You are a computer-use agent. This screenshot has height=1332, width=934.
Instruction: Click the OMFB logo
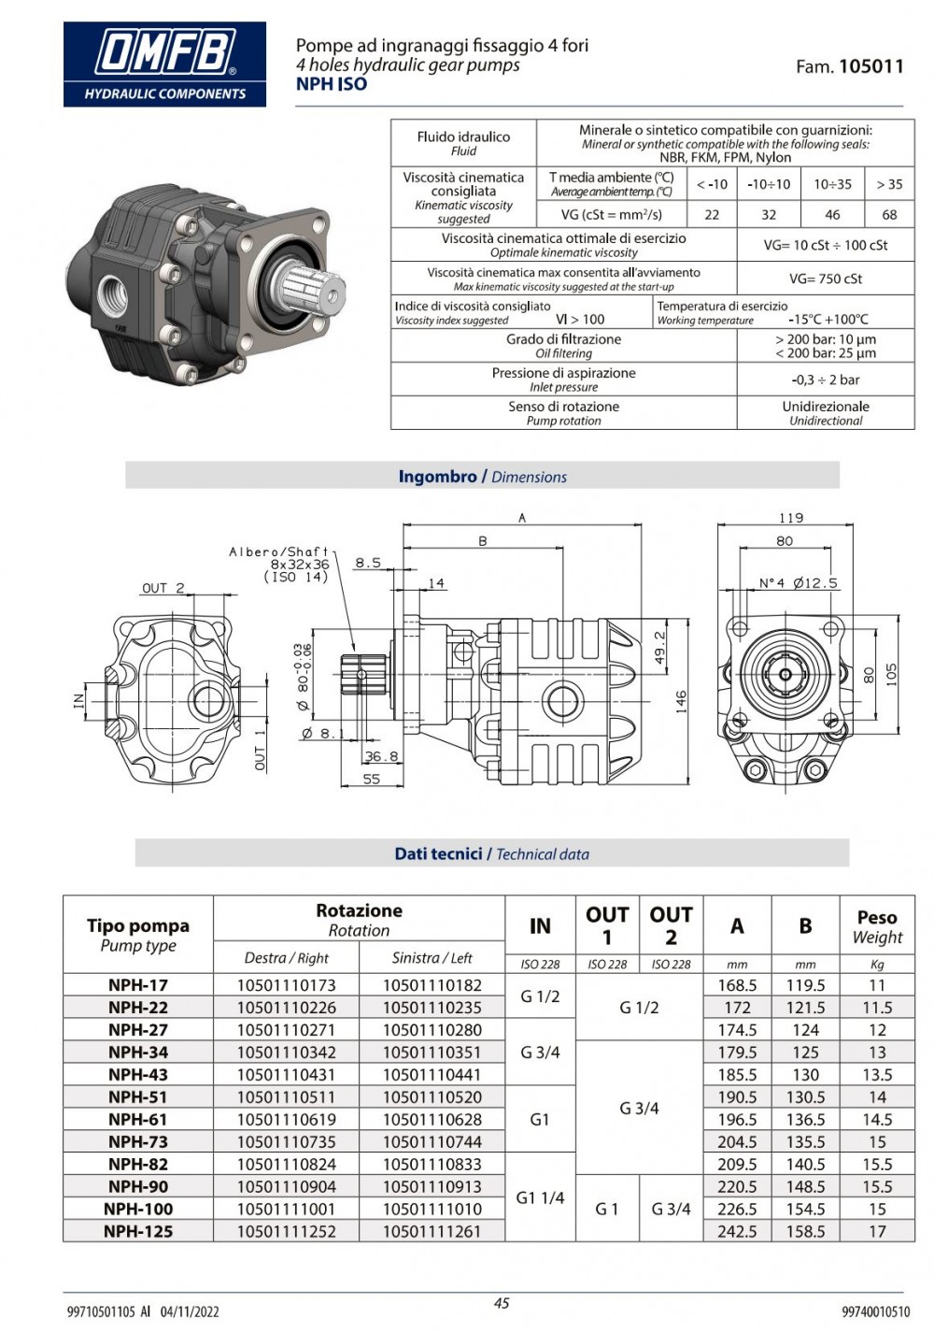click(x=164, y=64)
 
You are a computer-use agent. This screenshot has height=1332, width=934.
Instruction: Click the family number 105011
click(x=870, y=66)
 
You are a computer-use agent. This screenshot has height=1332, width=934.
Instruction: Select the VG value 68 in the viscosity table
click(x=889, y=215)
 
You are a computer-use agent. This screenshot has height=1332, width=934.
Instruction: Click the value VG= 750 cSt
click(x=826, y=279)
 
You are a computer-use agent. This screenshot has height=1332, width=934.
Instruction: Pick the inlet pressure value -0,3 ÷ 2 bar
click(x=826, y=380)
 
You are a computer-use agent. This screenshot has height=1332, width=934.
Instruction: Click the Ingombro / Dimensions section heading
click(x=482, y=477)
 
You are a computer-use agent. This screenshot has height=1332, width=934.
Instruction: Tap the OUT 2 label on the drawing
click(x=163, y=588)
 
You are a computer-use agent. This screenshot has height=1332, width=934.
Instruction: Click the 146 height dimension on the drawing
click(x=681, y=701)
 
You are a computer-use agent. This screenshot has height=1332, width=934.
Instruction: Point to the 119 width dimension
click(x=790, y=518)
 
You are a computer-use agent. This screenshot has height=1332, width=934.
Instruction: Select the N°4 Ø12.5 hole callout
click(x=798, y=583)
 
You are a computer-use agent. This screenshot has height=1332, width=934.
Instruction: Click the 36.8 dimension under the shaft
click(x=381, y=756)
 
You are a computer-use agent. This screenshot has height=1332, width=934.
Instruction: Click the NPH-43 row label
click(x=138, y=1075)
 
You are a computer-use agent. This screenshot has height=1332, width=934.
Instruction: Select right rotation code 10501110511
click(x=286, y=1097)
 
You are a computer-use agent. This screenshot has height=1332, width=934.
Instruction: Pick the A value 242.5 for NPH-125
click(x=737, y=1232)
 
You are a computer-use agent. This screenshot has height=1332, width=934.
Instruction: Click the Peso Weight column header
click(x=877, y=927)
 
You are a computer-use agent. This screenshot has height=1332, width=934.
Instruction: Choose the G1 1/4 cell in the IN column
click(x=540, y=1197)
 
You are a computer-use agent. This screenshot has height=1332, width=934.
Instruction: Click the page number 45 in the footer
click(x=502, y=1303)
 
